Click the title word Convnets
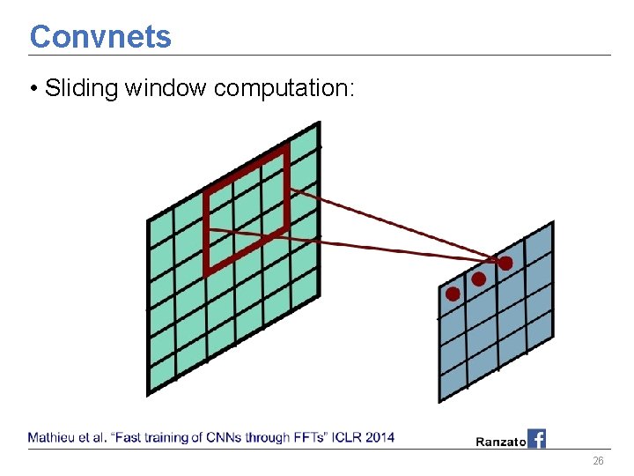(100, 37)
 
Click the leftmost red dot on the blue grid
(453, 294)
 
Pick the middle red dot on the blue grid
(478, 279)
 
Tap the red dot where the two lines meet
(505, 263)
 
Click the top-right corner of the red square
(287, 148)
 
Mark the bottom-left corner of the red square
(207, 273)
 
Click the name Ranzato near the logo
(500, 441)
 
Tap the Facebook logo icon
(536, 438)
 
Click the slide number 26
(598, 462)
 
